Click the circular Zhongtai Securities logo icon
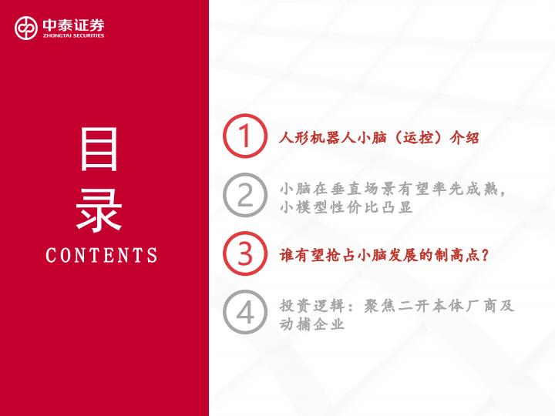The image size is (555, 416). pyautogui.click(x=26, y=28)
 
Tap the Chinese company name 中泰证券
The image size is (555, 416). pyautogui.click(x=74, y=25)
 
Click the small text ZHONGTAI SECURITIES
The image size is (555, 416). pyautogui.click(x=74, y=35)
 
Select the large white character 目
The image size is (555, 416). pyautogui.click(x=99, y=149)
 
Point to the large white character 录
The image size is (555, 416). pyautogui.click(x=99, y=210)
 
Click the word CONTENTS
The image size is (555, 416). pyautogui.click(x=102, y=255)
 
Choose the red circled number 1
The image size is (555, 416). pyautogui.click(x=245, y=136)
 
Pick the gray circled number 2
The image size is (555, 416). pyautogui.click(x=245, y=195)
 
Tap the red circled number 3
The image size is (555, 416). pyautogui.click(x=245, y=253)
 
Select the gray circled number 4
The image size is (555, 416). pyautogui.click(x=245, y=312)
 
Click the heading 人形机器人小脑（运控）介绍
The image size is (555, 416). pyautogui.click(x=379, y=137)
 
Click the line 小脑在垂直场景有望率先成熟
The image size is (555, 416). pyautogui.click(x=388, y=189)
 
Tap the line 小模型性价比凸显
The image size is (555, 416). pyautogui.click(x=346, y=207)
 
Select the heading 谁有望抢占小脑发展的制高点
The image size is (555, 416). pyautogui.click(x=380, y=255)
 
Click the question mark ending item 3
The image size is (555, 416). pyautogui.click(x=486, y=255)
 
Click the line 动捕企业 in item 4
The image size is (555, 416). pyautogui.click(x=312, y=324)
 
